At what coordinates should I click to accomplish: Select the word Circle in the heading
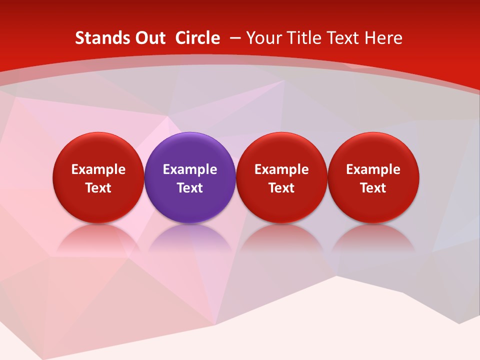(x=197, y=38)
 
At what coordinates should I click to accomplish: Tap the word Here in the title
(x=384, y=38)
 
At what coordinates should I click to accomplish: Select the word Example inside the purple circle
(x=190, y=169)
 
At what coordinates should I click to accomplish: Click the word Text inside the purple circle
(x=190, y=188)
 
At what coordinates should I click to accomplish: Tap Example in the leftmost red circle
(x=98, y=169)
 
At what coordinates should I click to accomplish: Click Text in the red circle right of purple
(x=281, y=188)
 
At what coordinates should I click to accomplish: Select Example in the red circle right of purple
(x=281, y=169)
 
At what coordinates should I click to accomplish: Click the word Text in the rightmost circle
(x=373, y=188)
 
